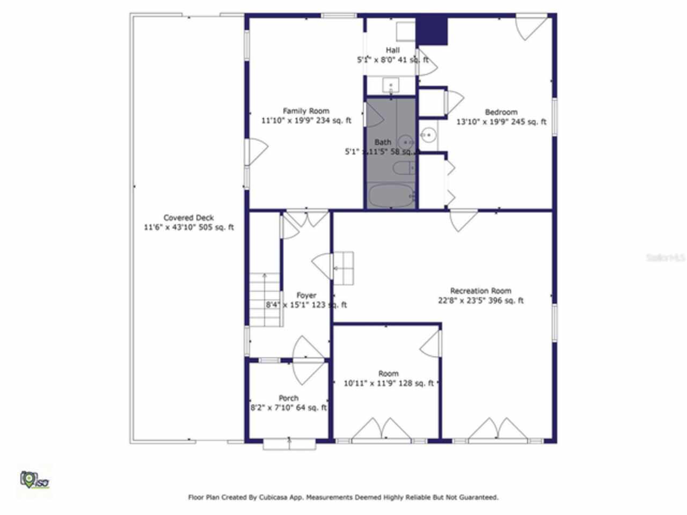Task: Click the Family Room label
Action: [x=306, y=111]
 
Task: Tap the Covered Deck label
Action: [x=188, y=218]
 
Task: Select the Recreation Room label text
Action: [x=480, y=291]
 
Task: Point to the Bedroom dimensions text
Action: [x=501, y=122]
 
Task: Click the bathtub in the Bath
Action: [x=391, y=196]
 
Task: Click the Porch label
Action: [x=288, y=398]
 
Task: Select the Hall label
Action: [x=392, y=50]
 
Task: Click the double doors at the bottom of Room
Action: [x=381, y=430]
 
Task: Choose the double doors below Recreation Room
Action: [x=498, y=430]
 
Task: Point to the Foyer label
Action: [x=306, y=296]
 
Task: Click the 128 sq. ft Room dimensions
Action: [x=389, y=383]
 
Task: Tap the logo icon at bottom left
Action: [x=34, y=479]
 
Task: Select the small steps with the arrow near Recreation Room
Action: [x=343, y=268]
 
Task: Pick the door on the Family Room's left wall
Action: [x=256, y=152]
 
